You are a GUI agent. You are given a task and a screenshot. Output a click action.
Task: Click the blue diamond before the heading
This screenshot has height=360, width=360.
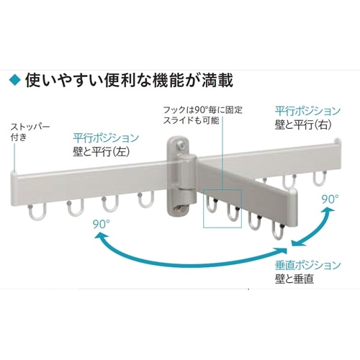(15, 80)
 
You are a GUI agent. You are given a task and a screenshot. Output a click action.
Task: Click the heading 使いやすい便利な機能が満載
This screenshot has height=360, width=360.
(129, 80)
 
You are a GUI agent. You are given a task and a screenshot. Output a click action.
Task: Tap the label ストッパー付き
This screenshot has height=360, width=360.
(30, 132)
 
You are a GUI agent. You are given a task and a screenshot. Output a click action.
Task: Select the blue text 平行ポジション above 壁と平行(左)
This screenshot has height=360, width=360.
(106, 138)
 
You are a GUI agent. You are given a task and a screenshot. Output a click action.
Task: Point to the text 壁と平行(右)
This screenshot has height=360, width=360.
(303, 125)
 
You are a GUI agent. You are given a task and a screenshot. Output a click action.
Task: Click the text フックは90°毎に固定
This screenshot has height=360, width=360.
(203, 110)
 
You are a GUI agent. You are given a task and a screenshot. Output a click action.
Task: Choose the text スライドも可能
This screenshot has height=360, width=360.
(192, 120)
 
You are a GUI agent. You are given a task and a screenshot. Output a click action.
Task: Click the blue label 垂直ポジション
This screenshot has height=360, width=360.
(308, 265)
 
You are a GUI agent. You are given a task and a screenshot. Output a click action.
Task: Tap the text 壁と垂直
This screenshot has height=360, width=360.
(294, 279)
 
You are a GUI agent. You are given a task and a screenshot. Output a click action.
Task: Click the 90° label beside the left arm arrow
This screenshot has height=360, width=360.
(102, 224)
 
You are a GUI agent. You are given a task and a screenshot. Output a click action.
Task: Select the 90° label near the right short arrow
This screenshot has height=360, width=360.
(330, 199)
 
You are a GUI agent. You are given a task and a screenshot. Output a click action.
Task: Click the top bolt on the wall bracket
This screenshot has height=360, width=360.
(180, 145)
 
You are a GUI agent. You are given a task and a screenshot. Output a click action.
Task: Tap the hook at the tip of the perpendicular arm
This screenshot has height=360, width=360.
(279, 232)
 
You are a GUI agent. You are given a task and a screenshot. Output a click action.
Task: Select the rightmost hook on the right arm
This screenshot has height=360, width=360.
(320, 179)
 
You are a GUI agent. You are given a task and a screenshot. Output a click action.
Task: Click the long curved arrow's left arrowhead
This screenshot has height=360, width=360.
(100, 238)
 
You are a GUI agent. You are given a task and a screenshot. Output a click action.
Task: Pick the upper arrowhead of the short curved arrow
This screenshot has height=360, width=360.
(329, 211)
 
